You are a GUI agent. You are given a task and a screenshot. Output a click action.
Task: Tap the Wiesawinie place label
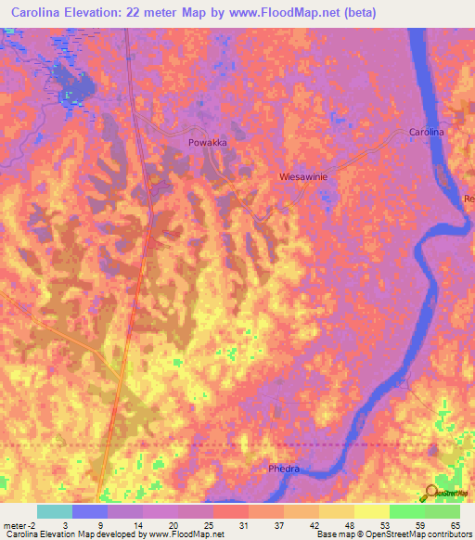pyautogui.click(x=303, y=174)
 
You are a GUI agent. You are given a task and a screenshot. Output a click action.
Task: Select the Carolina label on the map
pyautogui.click(x=427, y=133)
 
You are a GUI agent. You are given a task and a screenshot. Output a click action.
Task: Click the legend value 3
pyautogui.click(x=66, y=524)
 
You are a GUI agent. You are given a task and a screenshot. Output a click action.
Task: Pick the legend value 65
pyautogui.click(x=454, y=524)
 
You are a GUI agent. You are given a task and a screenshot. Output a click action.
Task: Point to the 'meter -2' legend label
pyautogui.click(x=20, y=524)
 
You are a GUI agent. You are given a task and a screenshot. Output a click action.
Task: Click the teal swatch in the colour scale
pyautogui.click(x=55, y=511)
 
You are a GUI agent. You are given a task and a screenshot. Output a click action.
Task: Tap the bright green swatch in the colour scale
pyautogui.click(x=406, y=511)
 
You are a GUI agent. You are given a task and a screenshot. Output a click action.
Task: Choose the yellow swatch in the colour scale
pyautogui.click(x=371, y=511)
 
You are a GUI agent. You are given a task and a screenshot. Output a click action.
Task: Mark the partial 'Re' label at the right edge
pyautogui.click(x=469, y=199)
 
